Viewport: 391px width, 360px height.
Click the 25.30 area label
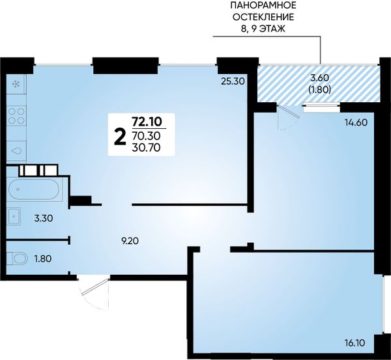[233, 81]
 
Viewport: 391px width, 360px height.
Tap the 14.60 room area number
[356, 122]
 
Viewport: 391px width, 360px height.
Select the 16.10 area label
[355, 343]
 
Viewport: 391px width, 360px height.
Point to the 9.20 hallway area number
[130, 241]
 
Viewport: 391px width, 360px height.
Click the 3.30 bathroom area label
[44, 219]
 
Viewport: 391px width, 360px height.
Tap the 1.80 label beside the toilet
[43, 258]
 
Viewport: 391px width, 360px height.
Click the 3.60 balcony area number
[320, 78]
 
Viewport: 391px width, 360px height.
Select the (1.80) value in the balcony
[320, 89]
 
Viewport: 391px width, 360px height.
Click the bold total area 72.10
[147, 121]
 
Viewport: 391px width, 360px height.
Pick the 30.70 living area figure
[146, 148]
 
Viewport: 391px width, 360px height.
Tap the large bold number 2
[119, 139]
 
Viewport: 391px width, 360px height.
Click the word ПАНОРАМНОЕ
[263, 5]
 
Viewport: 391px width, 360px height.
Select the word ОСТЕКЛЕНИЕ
[263, 17]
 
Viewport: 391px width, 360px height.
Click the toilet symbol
[17, 258]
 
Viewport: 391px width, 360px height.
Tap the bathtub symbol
[34, 189]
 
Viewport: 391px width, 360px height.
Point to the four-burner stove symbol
[16, 116]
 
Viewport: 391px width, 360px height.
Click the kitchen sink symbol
[16, 151]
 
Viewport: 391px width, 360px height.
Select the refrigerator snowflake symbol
[16, 85]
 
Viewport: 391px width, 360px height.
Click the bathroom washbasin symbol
[14, 217]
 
